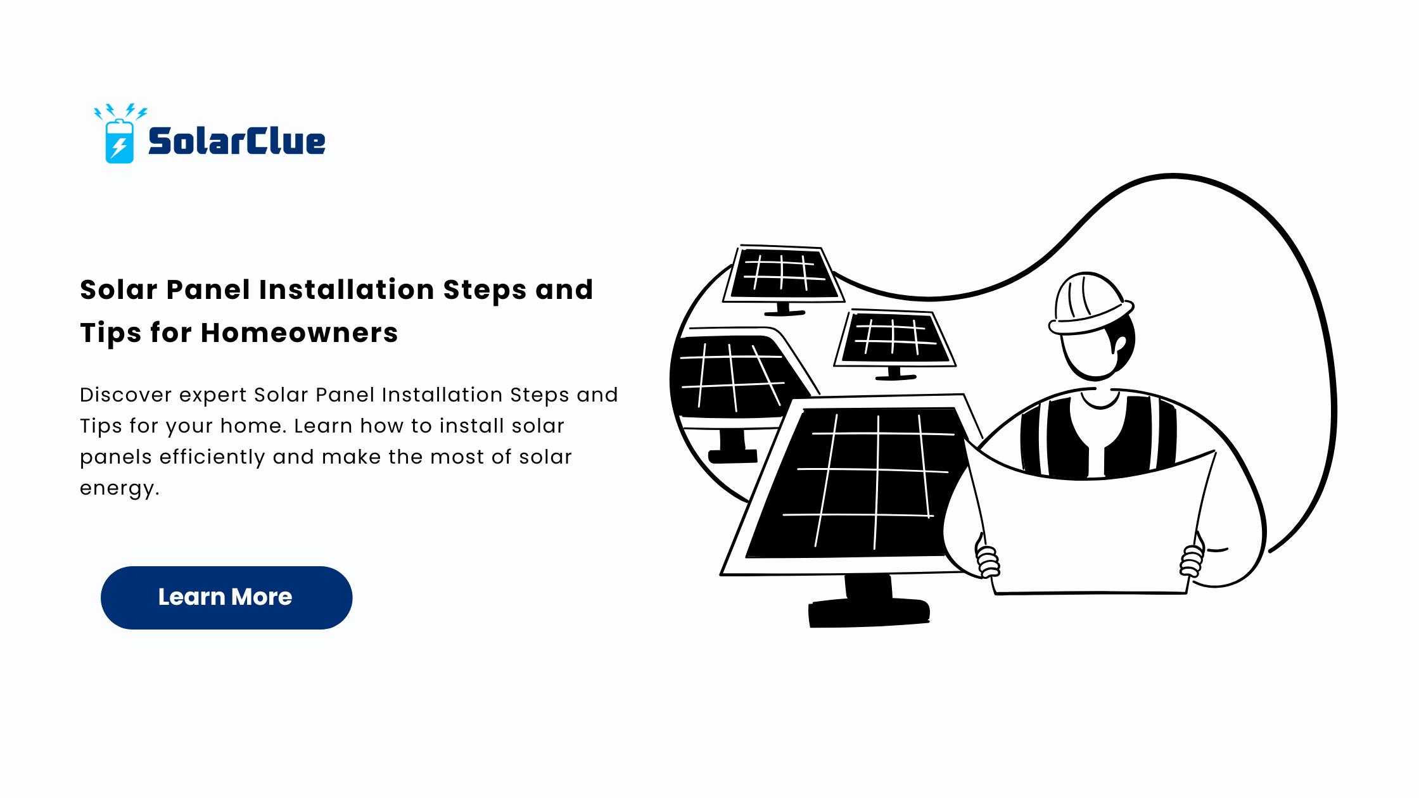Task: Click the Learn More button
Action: pos(226,597)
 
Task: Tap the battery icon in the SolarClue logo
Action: pos(119,141)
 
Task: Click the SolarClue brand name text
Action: pos(237,141)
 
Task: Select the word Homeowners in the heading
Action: pos(299,332)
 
